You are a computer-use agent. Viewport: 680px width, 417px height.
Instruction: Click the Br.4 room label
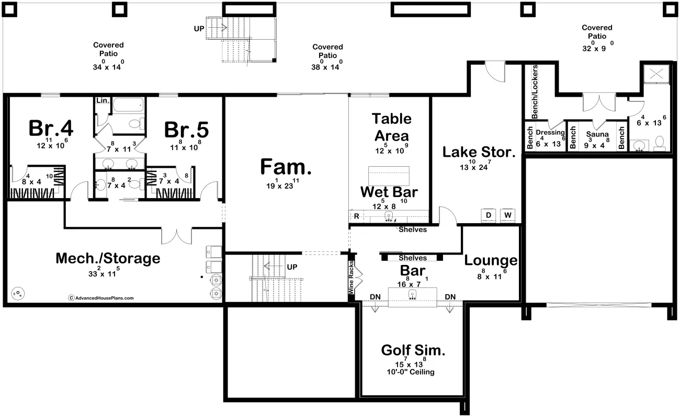pos(51,128)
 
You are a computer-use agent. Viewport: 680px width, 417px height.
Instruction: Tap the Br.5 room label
pos(186,130)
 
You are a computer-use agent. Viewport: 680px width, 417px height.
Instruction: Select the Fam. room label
pos(286,167)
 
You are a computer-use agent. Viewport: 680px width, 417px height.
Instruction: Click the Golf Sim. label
pos(413,350)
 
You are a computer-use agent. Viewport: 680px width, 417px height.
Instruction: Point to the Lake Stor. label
pos(479,152)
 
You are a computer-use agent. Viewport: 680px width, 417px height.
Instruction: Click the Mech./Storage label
pos(108,259)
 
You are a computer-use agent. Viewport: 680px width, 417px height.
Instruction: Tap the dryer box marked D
pos(489,215)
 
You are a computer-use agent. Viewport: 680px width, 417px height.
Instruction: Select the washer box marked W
pos(507,215)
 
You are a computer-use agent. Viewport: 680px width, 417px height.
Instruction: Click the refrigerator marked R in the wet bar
pos(357,216)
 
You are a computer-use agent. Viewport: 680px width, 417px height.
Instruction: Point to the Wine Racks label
pos(351,277)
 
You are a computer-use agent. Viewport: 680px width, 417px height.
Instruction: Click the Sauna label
pos(597,134)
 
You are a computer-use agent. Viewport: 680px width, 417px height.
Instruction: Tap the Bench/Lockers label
pos(535,91)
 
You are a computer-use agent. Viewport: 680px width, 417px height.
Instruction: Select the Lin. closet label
pos(103,101)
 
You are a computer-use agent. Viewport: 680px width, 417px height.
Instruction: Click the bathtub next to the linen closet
pos(128,105)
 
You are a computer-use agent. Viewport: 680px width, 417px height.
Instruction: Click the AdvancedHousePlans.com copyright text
pos(101,298)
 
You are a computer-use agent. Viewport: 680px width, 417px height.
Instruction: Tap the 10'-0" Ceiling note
pos(411,372)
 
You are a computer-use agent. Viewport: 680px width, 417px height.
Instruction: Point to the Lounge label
pos(491,261)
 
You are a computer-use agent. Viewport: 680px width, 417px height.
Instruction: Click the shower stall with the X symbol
pos(656,74)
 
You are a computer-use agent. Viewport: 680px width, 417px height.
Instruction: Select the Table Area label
pos(392,128)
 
